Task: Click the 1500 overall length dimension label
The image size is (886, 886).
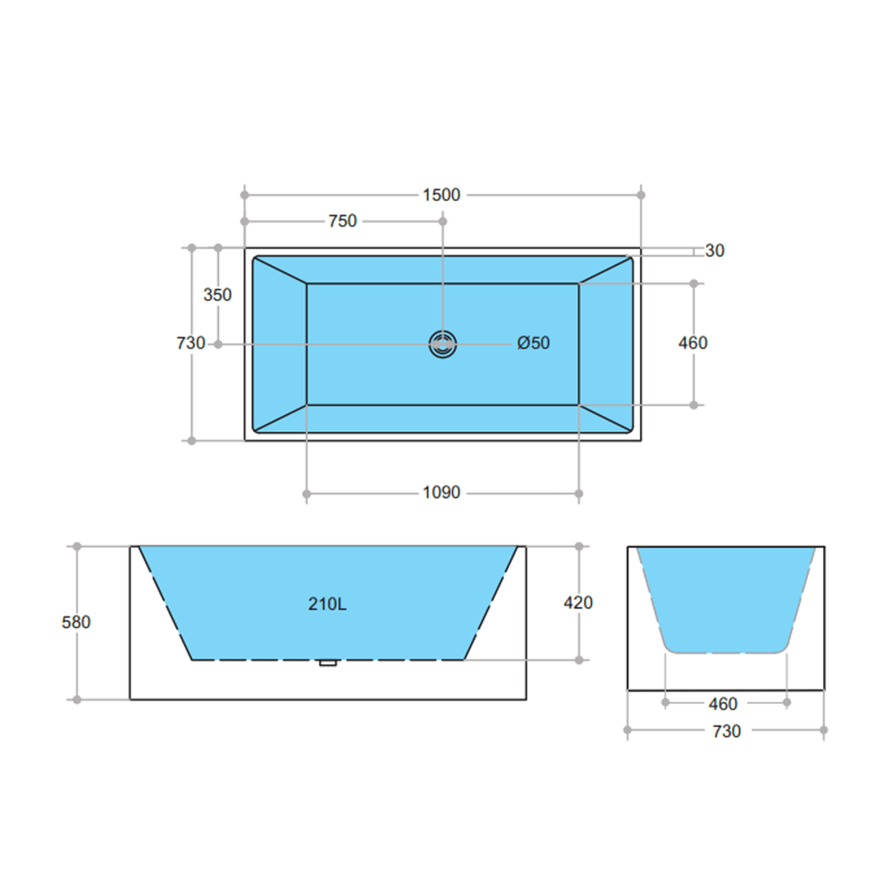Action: point(441,194)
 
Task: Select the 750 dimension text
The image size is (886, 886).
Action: point(342,221)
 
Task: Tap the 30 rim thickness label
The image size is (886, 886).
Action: point(715,251)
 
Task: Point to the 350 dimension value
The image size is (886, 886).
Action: point(217,295)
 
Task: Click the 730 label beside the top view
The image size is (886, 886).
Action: point(190,343)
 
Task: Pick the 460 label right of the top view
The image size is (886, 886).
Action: point(692,343)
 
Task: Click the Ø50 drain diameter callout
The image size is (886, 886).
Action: point(533,343)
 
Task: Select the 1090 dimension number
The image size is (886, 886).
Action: point(441,493)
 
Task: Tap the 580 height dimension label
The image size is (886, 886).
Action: point(76,622)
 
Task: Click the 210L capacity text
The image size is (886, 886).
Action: point(327,604)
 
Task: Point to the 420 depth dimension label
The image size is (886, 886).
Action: point(578,603)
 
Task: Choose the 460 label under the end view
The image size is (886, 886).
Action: point(723,703)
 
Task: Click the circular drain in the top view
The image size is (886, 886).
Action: point(442,345)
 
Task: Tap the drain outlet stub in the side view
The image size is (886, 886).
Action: point(328,662)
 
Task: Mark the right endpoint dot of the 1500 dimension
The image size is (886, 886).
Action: point(641,194)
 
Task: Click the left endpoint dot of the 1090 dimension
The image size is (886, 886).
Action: point(307,493)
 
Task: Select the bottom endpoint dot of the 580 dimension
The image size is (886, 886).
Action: point(77,699)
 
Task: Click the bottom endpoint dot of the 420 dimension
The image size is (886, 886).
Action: point(578,660)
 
